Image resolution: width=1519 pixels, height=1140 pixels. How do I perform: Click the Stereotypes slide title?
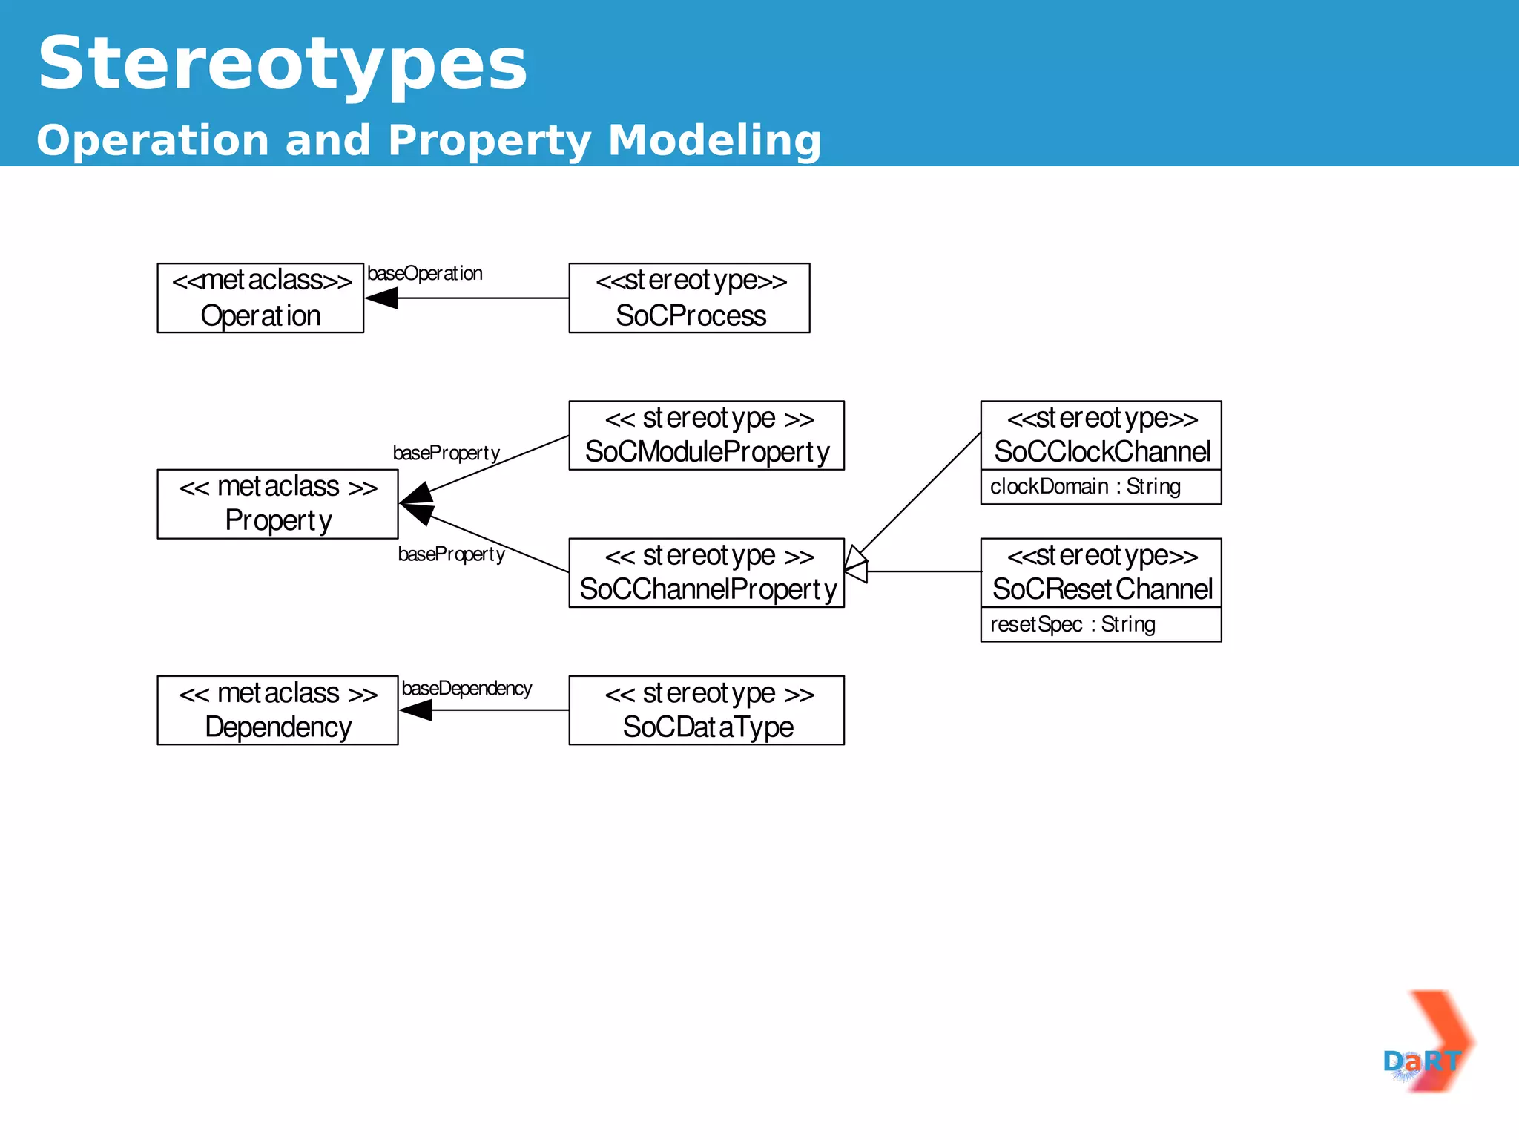click(282, 65)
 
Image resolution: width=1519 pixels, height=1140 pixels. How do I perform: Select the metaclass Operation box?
click(260, 298)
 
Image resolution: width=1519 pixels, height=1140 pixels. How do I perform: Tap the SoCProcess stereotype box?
click(689, 298)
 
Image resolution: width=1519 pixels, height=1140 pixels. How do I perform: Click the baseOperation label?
click(425, 274)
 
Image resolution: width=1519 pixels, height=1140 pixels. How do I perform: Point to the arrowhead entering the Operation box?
click(381, 298)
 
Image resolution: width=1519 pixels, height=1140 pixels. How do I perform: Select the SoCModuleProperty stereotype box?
click(706, 436)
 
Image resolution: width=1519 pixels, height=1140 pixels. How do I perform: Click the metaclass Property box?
click(277, 504)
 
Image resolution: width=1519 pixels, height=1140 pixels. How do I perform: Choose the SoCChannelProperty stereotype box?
click(706, 573)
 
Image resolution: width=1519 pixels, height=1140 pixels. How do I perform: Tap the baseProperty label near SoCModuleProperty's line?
click(446, 453)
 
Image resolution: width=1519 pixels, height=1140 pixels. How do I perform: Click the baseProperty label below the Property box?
click(451, 554)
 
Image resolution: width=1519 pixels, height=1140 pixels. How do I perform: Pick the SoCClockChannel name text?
click(1101, 451)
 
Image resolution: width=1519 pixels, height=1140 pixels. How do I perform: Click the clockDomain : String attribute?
click(1085, 487)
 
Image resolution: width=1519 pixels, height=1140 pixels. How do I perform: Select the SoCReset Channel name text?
click(1101, 589)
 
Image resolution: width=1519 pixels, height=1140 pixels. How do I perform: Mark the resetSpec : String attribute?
click(1072, 624)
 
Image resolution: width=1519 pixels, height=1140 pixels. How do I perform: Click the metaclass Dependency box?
click(277, 710)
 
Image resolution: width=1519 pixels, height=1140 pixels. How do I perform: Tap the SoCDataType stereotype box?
click(706, 710)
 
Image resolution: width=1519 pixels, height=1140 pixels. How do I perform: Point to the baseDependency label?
click(467, 689)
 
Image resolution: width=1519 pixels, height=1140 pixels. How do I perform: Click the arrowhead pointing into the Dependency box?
click(416, 710)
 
